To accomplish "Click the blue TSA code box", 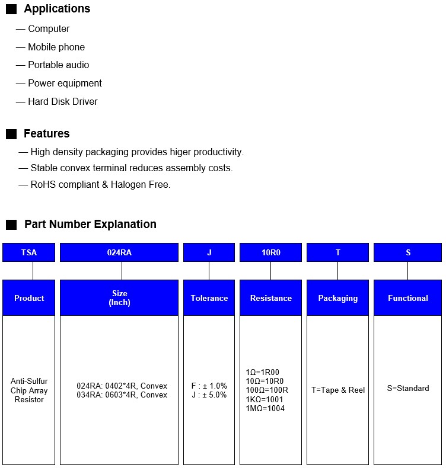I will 28,252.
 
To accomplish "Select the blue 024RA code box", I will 119,252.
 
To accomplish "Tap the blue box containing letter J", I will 209,252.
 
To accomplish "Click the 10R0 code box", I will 270,252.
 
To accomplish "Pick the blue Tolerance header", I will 209,298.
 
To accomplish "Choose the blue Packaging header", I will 337,298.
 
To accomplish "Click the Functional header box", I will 407,298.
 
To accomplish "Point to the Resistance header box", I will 270,298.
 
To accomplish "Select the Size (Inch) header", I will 119,298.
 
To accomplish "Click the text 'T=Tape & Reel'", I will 338,390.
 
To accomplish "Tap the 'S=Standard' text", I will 408,389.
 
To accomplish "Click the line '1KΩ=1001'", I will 265,400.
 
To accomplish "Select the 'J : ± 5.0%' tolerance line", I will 209,395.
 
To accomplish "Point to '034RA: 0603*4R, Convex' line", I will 122,395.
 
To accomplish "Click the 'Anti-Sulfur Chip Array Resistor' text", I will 29,390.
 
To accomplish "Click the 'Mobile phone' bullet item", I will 56,47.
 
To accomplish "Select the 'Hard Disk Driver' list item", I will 62,102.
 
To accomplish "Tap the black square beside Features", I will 11,134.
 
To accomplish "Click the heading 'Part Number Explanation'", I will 90,225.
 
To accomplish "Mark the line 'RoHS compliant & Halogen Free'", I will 100,185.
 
